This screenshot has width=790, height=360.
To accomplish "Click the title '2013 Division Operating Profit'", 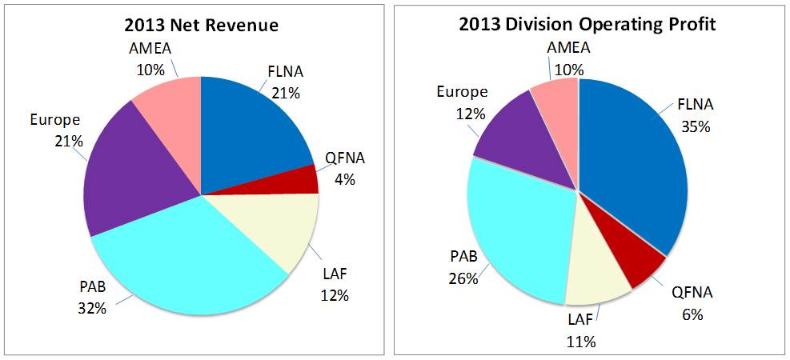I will tap(587, 23).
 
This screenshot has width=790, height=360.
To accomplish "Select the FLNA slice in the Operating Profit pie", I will tap(632, 168).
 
